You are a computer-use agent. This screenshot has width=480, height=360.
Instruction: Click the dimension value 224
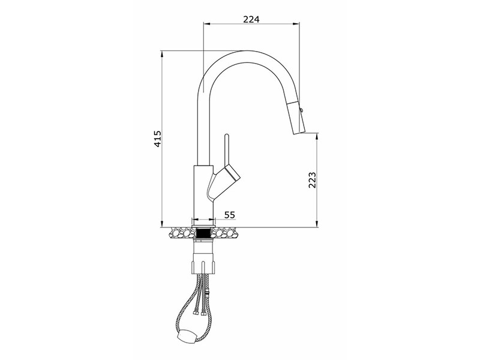click(251, 19)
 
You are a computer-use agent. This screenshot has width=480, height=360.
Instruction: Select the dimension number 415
click(157, 139)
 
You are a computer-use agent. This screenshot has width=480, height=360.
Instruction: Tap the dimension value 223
click(311, 180)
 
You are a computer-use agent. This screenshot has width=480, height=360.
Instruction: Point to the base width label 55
click(230, 215)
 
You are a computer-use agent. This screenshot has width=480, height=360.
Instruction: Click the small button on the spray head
click(301, 110)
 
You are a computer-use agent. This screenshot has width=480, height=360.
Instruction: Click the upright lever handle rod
click(227, 149)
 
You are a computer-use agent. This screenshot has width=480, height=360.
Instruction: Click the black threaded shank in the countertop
click(203, 233)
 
